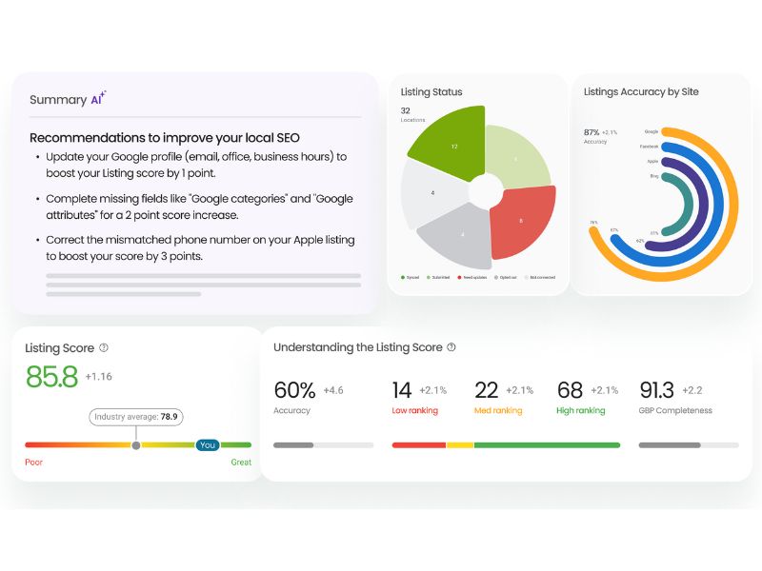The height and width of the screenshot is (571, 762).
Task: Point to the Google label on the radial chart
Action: pyautogui.click(x=652, y=131)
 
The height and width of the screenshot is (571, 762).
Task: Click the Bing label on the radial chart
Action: pyautogui.click(x=653, y=175)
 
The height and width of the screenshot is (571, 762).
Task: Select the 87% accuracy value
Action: pyautogui.click(x=592, y=132)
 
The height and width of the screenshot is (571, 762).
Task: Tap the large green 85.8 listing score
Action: pyautogui.click(x=51, y=377)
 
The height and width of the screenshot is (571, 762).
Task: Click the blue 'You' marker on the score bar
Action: pyautogui.click(x=207, y=444)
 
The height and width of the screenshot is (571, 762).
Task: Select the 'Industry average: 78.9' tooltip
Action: pyautogui.click(x=137, y=417)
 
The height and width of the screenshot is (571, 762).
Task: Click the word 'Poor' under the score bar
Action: pyautogui.click(x=35, y=463)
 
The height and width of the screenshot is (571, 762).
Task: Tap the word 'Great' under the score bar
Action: pyautogui.click(x=240, y=463)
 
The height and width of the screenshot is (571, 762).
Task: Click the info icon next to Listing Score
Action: pyautogui.click(x=104, y=348)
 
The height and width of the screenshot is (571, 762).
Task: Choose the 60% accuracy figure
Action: pyautogui.click(x=294, y=390)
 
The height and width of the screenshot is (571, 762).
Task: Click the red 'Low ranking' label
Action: pyautogui.click(x=415, y=411)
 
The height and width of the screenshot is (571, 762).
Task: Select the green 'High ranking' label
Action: pyautogui.click(x=580, y=411)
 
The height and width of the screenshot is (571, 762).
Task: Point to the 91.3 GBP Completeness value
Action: pyautogui.click(x=657, y=390)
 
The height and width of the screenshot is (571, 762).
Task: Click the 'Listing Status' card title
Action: pyautogui.click(x=431, y=92)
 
